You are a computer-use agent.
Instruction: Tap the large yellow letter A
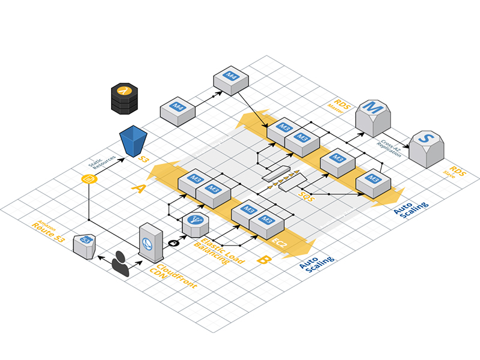pos(139,189)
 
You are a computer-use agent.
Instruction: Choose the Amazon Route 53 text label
pos(46,231)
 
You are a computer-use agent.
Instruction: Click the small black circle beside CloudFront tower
pos(175,242)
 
